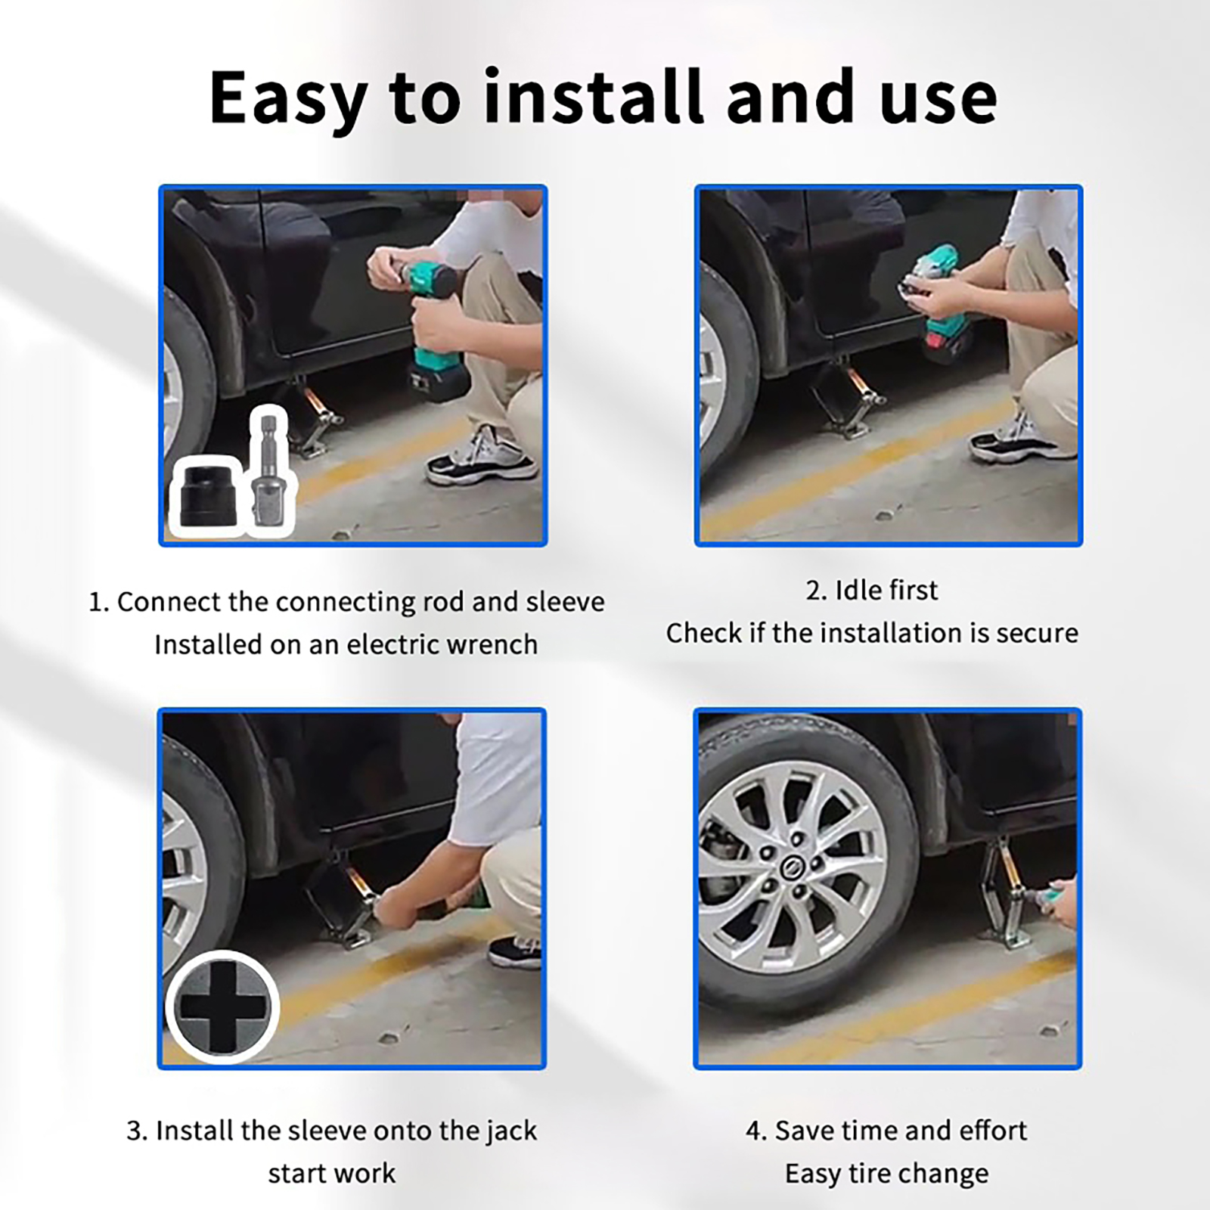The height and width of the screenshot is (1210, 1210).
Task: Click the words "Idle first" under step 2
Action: (x=871, y=590)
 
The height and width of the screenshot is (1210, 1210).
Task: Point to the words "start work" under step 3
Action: (x=332, y=1174)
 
